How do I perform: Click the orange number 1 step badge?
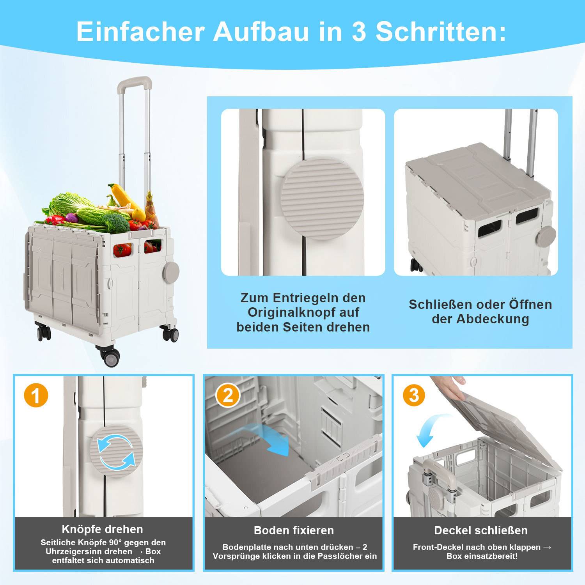click(36, 395)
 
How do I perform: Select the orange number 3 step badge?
click(414, 395)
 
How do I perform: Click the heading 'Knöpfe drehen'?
click(103, 529)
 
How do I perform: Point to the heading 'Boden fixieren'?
click(294, 530)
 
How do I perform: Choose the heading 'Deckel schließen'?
click(481, 530)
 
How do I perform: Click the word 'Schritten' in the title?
click(441, 32)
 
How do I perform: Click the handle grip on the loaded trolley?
click(135, 83)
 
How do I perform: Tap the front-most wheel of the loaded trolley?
click(111, 356)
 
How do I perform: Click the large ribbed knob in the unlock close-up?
click(322, 198)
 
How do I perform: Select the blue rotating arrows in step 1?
click(116, 452)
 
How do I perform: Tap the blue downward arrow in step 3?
click(428, 431)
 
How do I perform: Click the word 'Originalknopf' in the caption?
click(303, 312)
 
